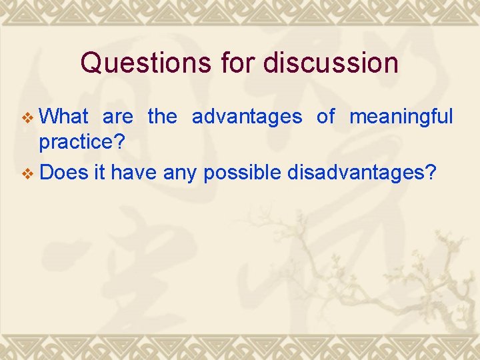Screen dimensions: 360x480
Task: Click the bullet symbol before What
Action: (x=27, y=118)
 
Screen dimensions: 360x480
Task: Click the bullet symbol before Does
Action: (x=27, y=174)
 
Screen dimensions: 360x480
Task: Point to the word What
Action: (x=64, y=117)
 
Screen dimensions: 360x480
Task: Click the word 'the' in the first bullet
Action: (x=162, y=117)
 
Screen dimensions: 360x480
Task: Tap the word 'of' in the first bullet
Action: (x=325, y=117)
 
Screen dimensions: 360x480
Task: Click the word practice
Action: (x=76, y=143)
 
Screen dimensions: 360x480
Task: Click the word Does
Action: (x=64, y=173)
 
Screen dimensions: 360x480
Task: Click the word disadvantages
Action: (x=356, y=173)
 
